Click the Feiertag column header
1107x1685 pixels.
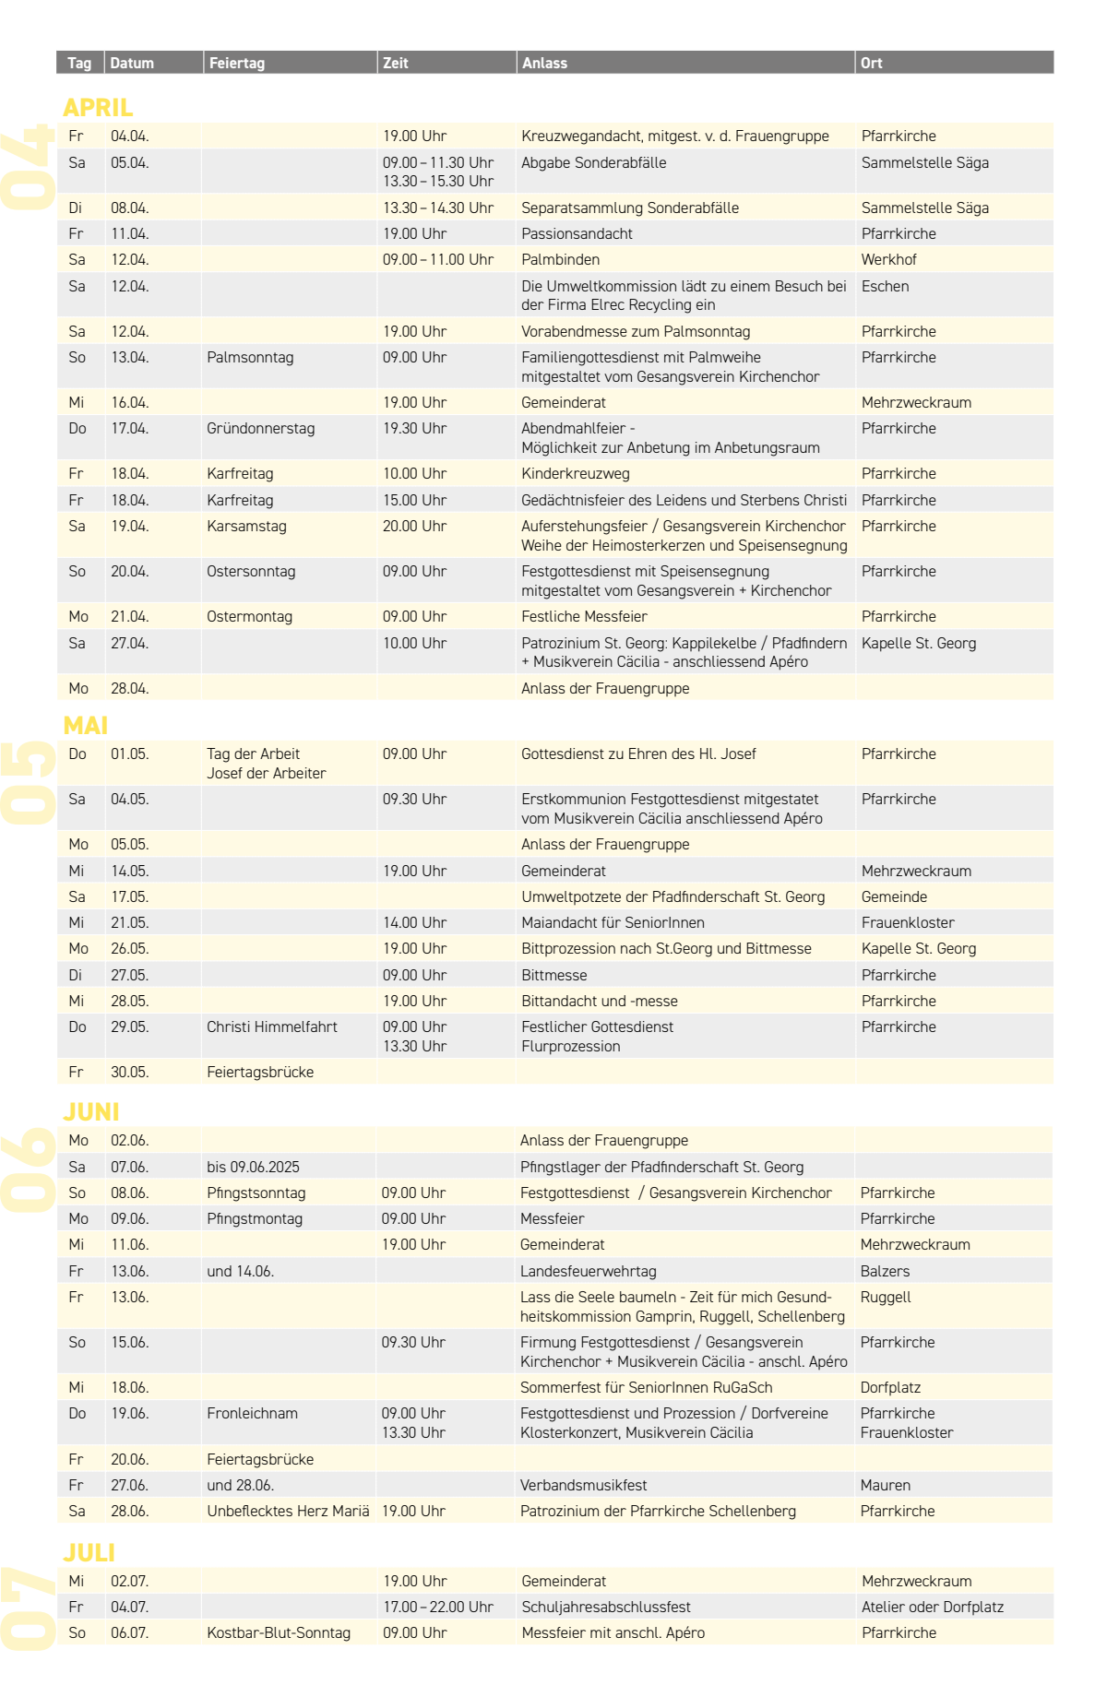coord(237,63)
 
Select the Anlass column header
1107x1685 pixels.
coord(544,63)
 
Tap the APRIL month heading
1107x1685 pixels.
coord(98,107)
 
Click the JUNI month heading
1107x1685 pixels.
coord(91,1111)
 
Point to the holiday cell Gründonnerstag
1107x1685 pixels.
coord(260,428)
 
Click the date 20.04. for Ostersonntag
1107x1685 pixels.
coord(130,571)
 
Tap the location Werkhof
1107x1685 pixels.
coord(888,259)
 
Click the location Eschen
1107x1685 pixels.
coord(885,286)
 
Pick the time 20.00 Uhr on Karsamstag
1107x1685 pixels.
coord(414,526)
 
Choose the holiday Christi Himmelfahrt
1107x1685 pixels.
coord(271,1026)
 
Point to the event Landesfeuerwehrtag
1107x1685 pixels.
coord(588,1271)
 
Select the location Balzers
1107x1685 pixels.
coord(885,1271)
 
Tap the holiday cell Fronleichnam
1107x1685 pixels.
coord(252,1413)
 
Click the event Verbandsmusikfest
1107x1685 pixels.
coord(583,1485)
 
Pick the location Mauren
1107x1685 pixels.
coord(885,1485)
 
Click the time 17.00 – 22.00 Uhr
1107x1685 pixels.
coord(438,1607)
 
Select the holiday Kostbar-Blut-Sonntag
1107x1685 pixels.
coord(279,1632)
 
